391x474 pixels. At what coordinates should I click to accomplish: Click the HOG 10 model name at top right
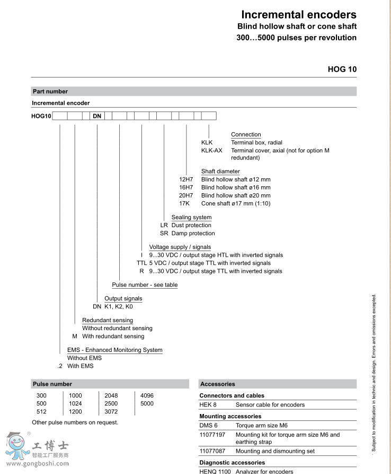(342, 69)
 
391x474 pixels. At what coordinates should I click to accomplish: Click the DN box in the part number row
(97, 116)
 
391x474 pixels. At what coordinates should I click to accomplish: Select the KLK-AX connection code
(211, 151)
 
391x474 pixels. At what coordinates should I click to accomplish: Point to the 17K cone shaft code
(185, 204)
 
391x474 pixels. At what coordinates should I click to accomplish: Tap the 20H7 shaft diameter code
(186, 196)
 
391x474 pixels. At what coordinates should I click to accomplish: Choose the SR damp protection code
(164, 234)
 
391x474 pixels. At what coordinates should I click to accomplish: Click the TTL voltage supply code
(141, 263)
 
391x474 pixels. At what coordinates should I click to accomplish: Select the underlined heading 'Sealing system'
(191, 218)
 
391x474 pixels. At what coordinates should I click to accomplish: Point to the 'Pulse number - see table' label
(145, 285)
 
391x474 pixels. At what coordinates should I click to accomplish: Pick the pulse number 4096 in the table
(147, 396)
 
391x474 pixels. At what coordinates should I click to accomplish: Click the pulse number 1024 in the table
(75, 404)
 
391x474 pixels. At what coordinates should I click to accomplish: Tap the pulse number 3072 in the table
(111, 412)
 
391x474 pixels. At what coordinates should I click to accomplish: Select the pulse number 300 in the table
(41, 396)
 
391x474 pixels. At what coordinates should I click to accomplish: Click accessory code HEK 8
(208, 405)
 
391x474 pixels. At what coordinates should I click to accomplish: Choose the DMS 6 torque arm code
(208, 426)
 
